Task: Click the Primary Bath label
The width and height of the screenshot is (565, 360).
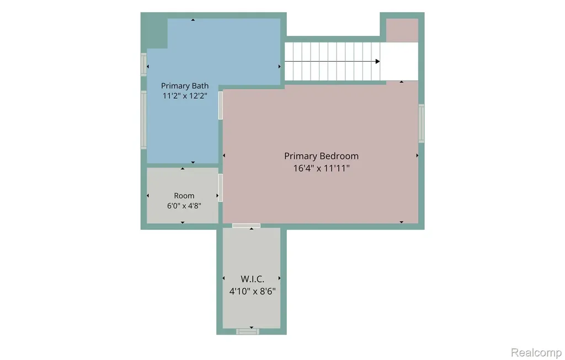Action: pyautogui.click(x=184, y=85)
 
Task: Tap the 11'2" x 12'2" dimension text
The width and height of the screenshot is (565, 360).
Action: pyautogui.click(x=184, y=96)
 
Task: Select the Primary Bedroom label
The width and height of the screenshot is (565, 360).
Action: pyautogui.click(x=321, y=156)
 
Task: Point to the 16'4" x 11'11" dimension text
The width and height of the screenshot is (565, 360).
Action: pyautogui.click(x=321, y=168)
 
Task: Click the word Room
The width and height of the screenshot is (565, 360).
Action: pyautogui.click(x=184, y=196)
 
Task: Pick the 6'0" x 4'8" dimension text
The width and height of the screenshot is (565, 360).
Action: pyautogui.click(x=184, y=206)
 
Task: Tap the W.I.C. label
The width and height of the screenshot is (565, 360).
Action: pyautogui.click(x=252, y=279)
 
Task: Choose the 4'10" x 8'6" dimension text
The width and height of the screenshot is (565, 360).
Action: pyautogui.click(x=252, y=291)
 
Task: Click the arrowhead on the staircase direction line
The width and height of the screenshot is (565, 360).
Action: pyautogui.click(x=377, y=62)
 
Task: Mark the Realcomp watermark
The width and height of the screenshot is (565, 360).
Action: pyautogui.click(x=536, y=352)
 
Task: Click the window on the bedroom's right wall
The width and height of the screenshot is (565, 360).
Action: pyautogui.click(x=421, y=123)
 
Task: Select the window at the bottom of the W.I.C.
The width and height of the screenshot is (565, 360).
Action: pyautogui.click(x=248, y=331)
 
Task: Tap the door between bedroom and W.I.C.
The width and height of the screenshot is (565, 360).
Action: pyautogui.click(x=246, y=225)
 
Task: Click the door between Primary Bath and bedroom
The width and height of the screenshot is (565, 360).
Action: pyautogui.click(x=221, y=105)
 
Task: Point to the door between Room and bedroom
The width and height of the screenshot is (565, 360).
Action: pyautogui.click(x=221, y=187)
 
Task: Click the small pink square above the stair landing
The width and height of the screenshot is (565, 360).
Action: pyautogui.click(x=402, y=30)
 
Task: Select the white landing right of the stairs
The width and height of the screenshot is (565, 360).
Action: pyautogui.click(x=399, y=62)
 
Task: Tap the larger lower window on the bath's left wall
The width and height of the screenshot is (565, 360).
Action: pyautogui.click(x=144, y=120)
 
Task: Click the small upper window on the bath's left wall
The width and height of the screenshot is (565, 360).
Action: pyautogui.click(x=144, y=65)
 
